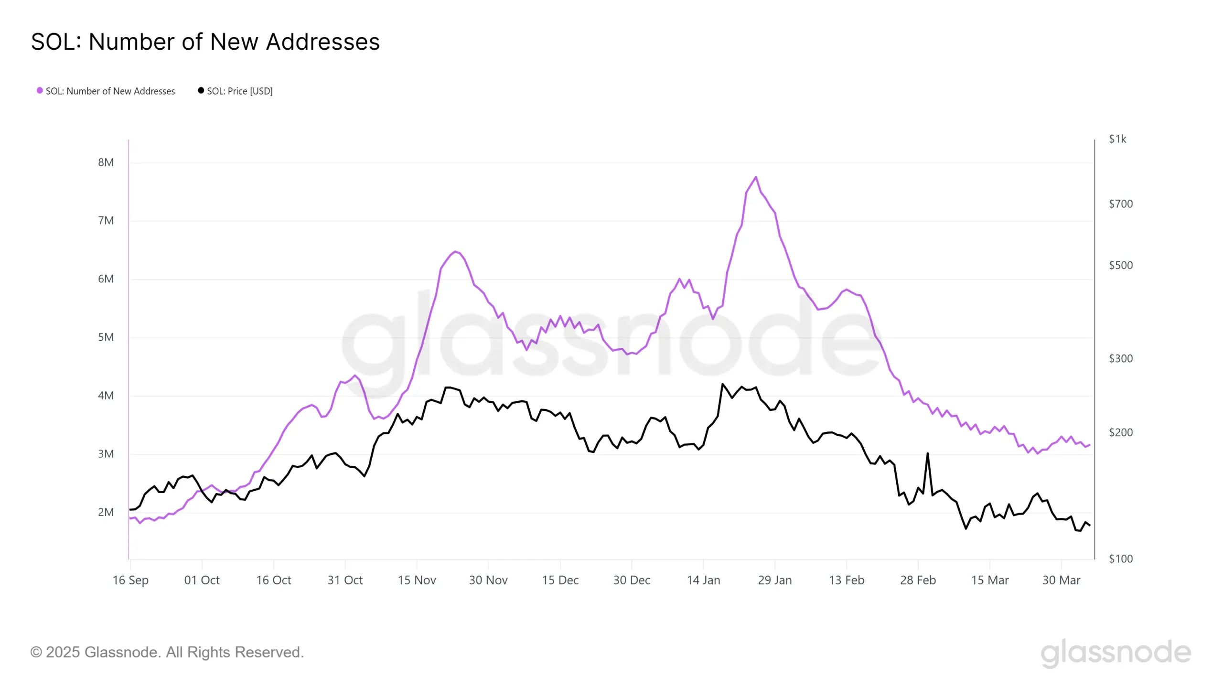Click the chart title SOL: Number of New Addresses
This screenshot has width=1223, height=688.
coord(205,42)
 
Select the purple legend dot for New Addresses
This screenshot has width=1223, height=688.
coord(40,90)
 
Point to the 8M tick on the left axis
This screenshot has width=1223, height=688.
coord(106,162)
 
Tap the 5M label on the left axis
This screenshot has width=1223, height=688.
coord(106,337)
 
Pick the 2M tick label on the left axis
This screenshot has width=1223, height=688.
coord(106,512)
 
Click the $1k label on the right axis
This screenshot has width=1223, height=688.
coord(1117,139)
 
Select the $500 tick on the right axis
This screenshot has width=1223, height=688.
coord(1120,265)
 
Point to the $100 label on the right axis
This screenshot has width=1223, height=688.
coord(1120,559)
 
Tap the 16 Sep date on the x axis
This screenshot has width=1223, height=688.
coord(130,580)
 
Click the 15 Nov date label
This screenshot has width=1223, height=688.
coord(417,580)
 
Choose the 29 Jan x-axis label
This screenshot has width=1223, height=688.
coord(774,580)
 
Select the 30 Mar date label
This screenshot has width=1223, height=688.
coord(1061,580)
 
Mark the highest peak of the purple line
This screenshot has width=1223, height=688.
coord(756,177)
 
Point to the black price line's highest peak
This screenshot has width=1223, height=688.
coord(722,384)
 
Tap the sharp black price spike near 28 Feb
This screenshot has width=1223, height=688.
coord(927,453)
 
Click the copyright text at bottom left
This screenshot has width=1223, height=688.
coord(167,652)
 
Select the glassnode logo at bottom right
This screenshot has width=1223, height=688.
coord(1116,653)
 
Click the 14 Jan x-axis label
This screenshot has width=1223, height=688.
coord(703,580)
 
